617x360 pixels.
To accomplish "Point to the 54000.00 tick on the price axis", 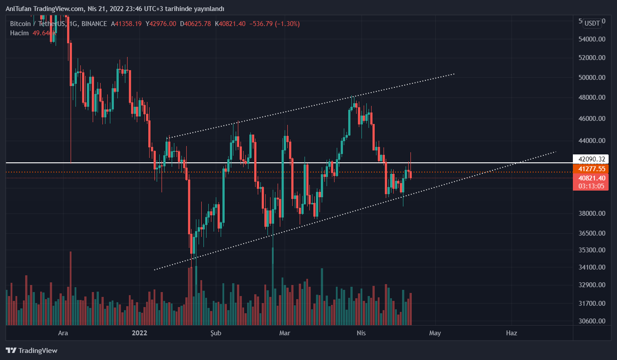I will [x=592, y=39].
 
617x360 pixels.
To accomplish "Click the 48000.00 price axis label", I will [x=592, y=97].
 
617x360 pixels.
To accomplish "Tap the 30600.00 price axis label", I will [x=592, y=321].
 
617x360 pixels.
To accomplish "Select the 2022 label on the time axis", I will [x=139, y=333].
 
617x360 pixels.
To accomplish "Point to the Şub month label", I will [x=215, y=333].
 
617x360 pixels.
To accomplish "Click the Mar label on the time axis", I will [x=285, y=333].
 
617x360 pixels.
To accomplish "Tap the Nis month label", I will [x=361, y=333].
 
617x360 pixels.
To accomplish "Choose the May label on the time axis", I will [x=435, y=333].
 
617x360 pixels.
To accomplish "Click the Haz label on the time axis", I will [x=512, y=333].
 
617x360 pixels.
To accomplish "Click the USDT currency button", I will [x=592, y=23].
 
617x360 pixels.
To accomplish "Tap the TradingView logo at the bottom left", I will [x=32, y=351].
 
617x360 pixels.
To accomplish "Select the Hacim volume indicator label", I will [x=19, y=33].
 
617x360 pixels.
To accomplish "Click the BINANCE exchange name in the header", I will [x=94, y=24].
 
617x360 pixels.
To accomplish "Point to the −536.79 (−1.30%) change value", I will [x=274, y=24].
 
